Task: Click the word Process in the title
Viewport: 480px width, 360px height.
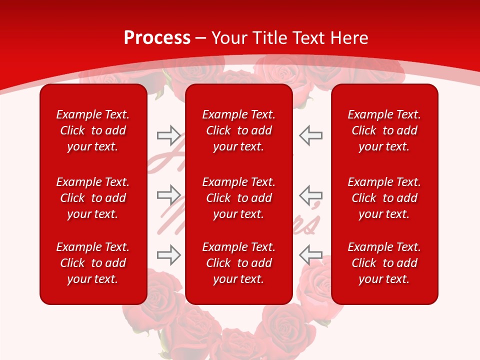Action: (x=157, y=38)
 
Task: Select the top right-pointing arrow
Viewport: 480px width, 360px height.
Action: (x=168, y=135)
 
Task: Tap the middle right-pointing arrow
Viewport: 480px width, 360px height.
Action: (x=168, y=195)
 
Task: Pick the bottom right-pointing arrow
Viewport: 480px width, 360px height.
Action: (x=168, y=254)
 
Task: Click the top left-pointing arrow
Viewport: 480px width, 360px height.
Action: (x=310, y=135)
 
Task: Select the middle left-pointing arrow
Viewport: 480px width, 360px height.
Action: (x=310, y=195)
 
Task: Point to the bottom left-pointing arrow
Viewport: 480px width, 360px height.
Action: (x=310, y=254)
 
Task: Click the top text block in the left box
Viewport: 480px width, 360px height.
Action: (x=93, y=130)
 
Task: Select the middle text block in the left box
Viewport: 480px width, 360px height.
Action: (x=93, y=198)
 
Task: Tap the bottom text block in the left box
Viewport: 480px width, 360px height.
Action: (x=93, y=263)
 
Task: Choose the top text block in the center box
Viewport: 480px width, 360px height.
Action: (x=238, y=130)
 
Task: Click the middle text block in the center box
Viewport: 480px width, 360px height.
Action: (x=238, y=198)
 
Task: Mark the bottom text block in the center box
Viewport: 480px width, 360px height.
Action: (x=238, y=263)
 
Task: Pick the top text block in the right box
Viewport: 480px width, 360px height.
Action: (x=384, y=130)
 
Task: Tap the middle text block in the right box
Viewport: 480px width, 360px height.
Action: (x=384, y=198)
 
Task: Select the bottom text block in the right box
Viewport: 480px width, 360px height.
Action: (x=384, y=263)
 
